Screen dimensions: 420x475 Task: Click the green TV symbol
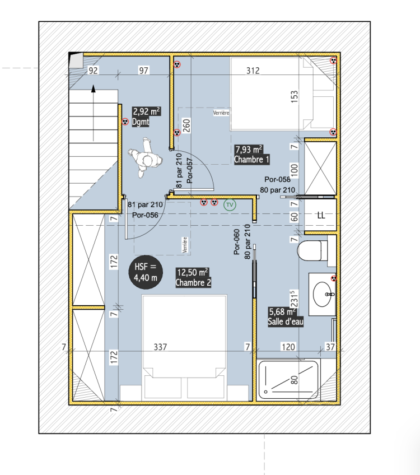pos(230,205)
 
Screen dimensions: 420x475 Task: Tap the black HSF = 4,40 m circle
pos(146,272)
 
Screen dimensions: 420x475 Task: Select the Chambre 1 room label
pos(251,160)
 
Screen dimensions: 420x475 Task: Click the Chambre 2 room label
pos(193,283)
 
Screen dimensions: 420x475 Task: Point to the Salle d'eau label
pos(286,322)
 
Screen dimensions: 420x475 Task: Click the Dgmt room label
pos(141,122)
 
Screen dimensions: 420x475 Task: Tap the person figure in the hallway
pos(145,157)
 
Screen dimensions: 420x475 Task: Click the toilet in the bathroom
pos(312,250)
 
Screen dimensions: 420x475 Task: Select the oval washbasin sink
pos(322,294)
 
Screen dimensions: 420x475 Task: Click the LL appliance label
pos(321,216)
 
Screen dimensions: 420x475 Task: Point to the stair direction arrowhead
pos(94,89)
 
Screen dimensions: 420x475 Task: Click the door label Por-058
pos(277,179)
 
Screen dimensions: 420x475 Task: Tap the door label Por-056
pos(146,215)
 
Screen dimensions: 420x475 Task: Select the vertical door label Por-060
pos(237,242)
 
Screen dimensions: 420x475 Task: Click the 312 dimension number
pos(253,71)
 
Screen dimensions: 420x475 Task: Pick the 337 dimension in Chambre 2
pos(160,347)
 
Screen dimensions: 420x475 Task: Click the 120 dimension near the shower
pos(288,347)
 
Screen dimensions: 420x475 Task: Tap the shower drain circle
pos(265,392)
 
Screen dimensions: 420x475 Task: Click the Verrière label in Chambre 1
pos(221,113)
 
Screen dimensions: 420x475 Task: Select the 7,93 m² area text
pos(249,150)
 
